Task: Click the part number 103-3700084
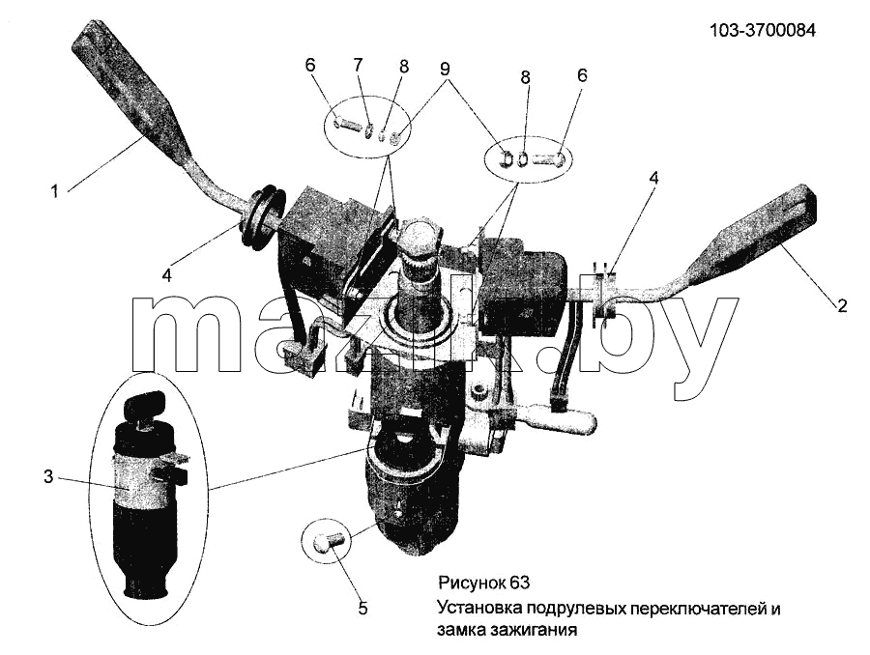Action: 763,30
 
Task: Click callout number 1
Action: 54,192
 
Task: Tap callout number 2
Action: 842,305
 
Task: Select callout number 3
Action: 49,476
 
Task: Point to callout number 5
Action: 362,609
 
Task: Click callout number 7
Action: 358,65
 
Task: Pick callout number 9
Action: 445,69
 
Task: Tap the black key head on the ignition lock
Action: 145,405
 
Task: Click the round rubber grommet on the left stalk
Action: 262,219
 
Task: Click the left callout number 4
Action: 167,275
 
